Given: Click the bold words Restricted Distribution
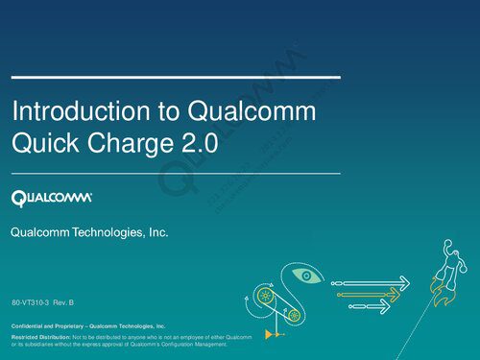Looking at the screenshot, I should click(40, 337).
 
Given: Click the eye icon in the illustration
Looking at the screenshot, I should click(305, 276).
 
